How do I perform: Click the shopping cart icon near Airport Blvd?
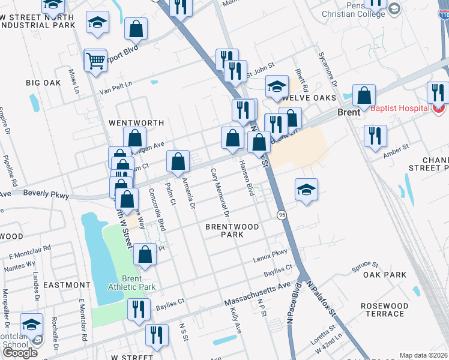[95, 61]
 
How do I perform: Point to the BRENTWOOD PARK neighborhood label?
[232, 230]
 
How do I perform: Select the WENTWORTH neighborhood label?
[136, 123]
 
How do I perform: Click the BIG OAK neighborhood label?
[43, 83]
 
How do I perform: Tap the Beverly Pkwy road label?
[46, 194]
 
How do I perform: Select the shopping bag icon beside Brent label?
[364, 95]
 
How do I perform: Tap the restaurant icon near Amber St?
[375, 136]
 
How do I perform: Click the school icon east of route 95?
[306, 190]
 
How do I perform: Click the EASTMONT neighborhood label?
[67, 285]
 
